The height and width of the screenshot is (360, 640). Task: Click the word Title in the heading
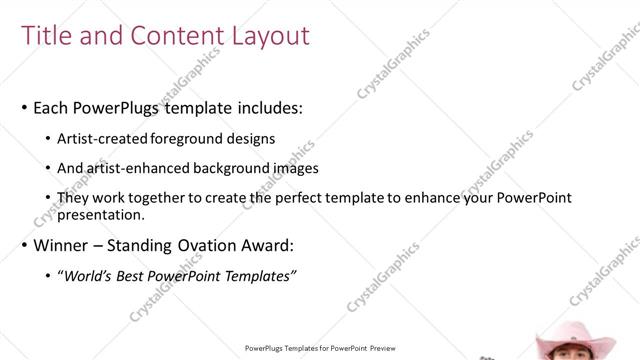47,36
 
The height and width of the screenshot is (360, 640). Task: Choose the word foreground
191,139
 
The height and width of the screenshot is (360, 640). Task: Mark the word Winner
63,245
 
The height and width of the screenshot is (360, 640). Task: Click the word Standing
147,245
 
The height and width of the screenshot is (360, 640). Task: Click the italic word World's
89,275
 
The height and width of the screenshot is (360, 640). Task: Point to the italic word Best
138,275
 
